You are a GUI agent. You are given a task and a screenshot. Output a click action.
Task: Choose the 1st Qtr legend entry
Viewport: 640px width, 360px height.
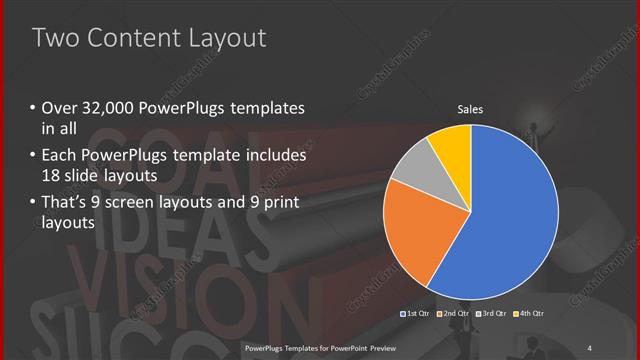point(418,314)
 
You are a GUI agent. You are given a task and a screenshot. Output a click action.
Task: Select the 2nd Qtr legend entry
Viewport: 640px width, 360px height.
point(455,314)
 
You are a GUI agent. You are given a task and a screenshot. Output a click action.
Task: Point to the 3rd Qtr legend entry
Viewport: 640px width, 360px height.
point(492,314)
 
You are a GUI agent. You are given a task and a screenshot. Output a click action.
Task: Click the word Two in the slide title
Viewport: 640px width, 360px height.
point(52,39)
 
